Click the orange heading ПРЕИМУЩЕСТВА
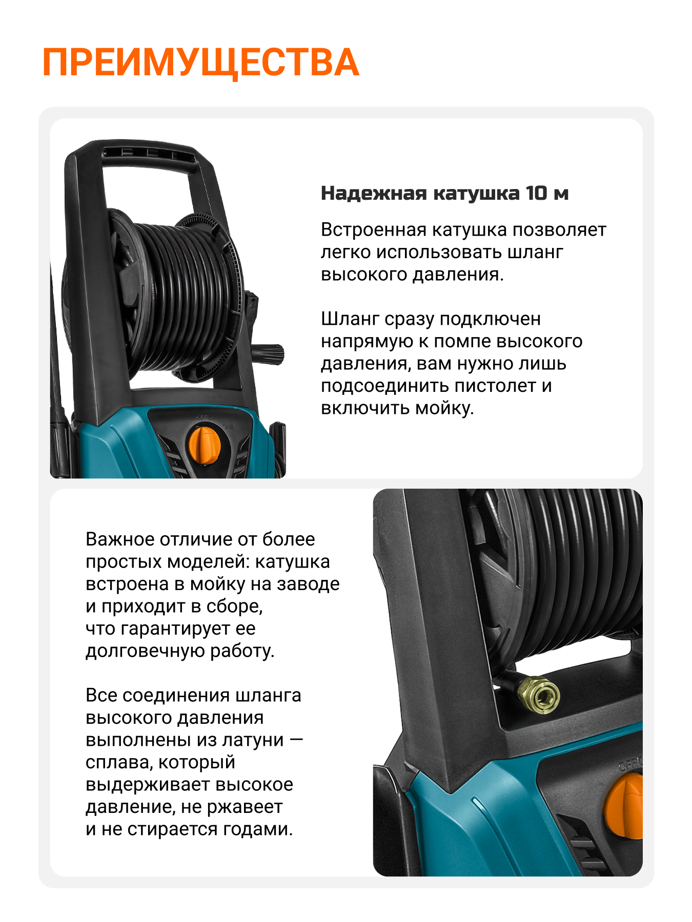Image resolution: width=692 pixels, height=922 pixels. [200, 62]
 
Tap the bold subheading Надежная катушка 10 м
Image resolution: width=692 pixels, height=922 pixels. [444, 193]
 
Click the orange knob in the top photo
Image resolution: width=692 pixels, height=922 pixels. [205, 444]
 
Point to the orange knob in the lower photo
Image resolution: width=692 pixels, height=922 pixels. [624, 806]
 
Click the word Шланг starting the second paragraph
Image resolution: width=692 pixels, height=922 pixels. [350, 319]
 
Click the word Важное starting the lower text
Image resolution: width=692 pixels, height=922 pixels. [120, 539]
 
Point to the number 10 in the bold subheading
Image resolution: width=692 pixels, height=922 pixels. [536, 193]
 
